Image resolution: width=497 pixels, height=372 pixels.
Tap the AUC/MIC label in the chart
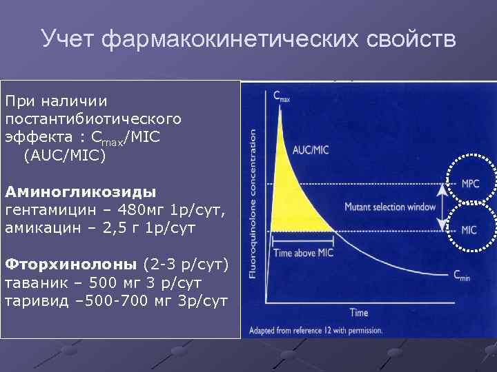[311, 150]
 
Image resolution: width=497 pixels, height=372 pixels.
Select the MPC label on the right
[470, 184]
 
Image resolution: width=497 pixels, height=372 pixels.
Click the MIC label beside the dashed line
[469, 229]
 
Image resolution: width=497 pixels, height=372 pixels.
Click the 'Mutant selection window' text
[390, 207]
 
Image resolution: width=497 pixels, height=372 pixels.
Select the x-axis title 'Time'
[358, 313]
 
